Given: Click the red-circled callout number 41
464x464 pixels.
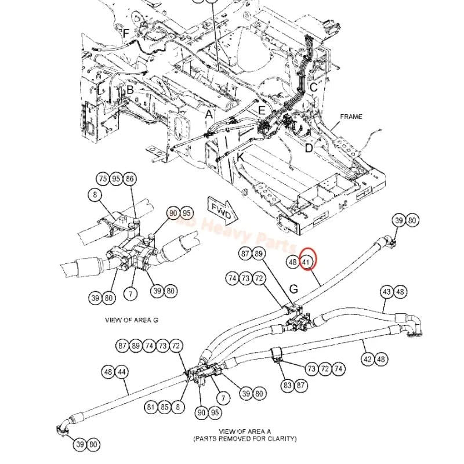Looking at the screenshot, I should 307,262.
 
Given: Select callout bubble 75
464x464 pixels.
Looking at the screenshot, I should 103,179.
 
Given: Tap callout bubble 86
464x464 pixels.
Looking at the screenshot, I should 129,179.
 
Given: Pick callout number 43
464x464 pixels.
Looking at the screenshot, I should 387,292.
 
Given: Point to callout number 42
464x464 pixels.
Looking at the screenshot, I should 367,359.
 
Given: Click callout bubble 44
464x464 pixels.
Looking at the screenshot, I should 122,372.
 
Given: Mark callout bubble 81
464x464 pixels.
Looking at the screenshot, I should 151,407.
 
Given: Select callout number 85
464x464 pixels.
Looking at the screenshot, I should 165,407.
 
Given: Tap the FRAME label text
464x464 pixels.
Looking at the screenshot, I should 351,117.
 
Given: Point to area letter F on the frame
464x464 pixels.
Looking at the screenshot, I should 125,32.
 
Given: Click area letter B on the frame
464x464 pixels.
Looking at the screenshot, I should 130,90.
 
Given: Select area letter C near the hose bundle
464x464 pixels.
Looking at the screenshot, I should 313,88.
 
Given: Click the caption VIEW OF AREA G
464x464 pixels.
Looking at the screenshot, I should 132,320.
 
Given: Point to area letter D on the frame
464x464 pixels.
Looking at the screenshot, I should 309,148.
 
